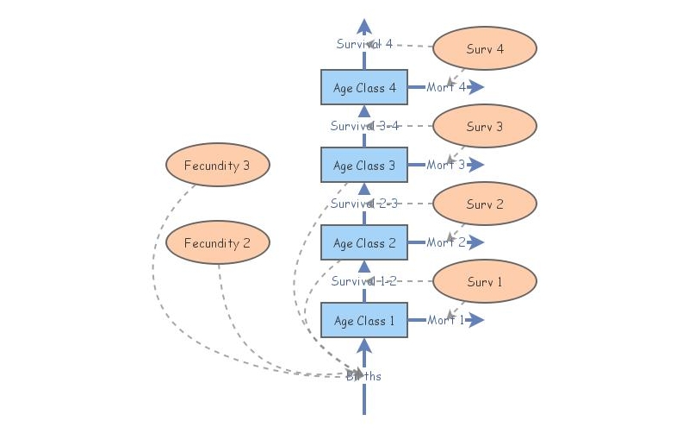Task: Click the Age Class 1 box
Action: (x=364, y=320)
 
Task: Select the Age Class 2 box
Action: (x=364, y=242)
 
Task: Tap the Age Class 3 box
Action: (x=364, y=165)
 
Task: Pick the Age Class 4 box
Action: (x=364, y=87)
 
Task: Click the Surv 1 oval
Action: (x=484, y=282)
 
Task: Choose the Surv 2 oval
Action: (x=484, y=204)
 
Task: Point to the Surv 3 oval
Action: (x=484, y=127)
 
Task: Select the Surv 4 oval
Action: (x=484, y=49)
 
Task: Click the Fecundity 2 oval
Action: (x=217, y=243)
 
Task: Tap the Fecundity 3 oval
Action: (x=217, y=166)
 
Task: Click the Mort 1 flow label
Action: (x=445, y=320)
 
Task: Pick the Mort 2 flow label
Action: (x=445, y=242)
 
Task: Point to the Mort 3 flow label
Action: (x=445, y=165)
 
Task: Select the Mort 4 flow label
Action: (x=445, y=87)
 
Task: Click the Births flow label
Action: (x=364, y=376)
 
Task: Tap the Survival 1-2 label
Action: (x=364, y=281)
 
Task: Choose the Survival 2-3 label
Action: (x=364, y=204)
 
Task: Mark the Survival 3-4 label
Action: (x=364, y=126)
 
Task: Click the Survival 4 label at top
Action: (x=364, y=44)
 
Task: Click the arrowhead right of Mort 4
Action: (x=477, y=87)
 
